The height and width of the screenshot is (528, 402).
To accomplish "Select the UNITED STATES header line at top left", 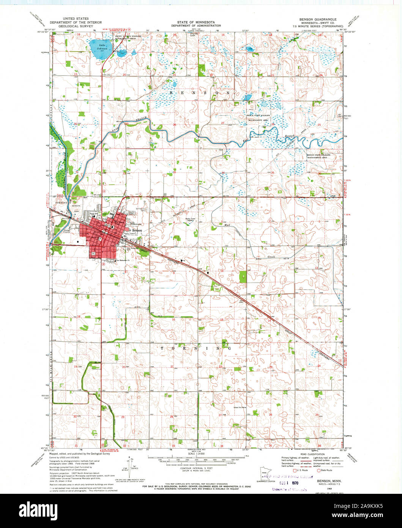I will tap(76, 19).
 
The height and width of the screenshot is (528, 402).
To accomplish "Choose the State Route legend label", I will tap(326, 470).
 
